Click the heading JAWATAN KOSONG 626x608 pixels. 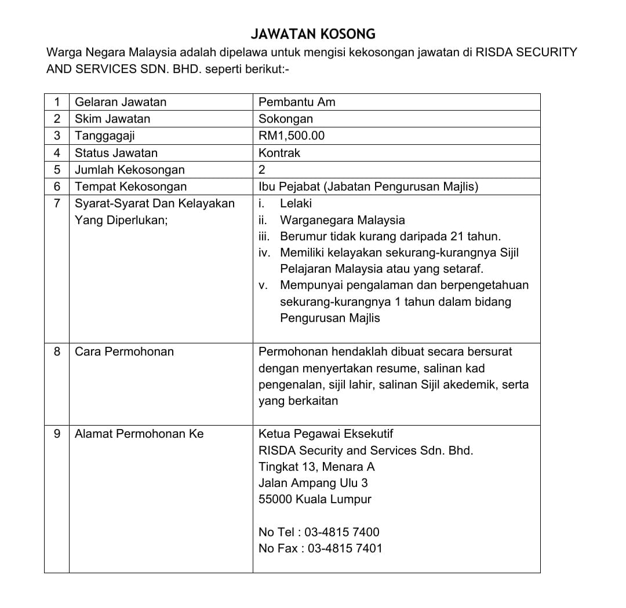click(312, 34)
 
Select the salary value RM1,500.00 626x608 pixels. click(292, 136)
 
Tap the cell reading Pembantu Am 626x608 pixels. click(297, 102)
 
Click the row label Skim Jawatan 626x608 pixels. click(112, 119)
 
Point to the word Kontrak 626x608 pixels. click(279, 153)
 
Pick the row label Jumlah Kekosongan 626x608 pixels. click(130, 170)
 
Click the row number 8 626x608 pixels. click(57, 351)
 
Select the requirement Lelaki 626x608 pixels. click(296, 203)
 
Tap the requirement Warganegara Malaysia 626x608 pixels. click(342, 220)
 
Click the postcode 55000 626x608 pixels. click(275, 499)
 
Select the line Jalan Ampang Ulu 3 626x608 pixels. click(313, 483)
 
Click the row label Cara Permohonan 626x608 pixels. click(124, 351)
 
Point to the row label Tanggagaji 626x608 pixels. click(105, 136)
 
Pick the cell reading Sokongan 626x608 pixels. click(286, 119)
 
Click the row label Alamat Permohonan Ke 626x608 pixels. click(139, 434)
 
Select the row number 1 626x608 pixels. click(57, 102)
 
